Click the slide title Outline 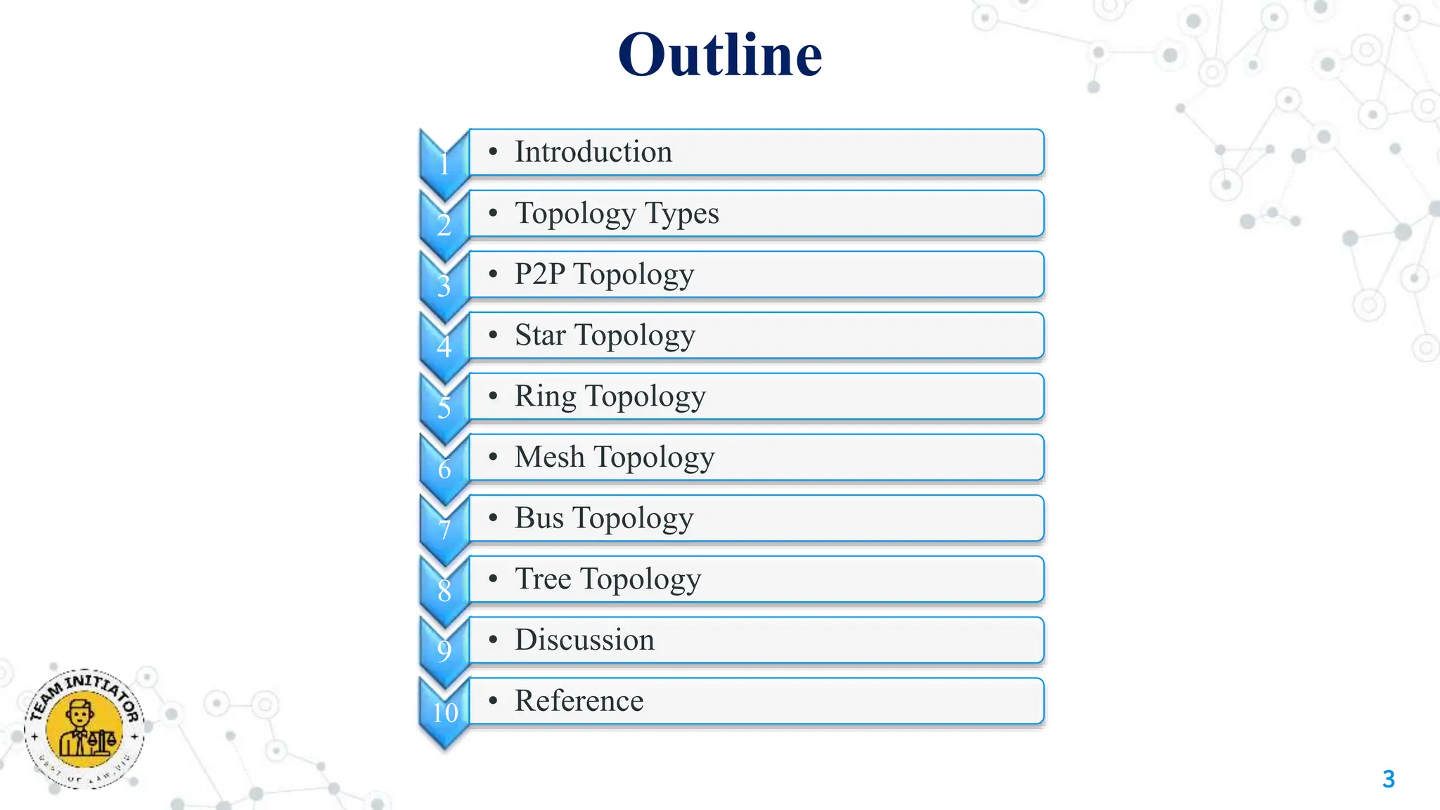[x=720, y=55]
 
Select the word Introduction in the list [x=593, y=152]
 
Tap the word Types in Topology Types [x=681, y=213]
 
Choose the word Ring [x=545, y=396]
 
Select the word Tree [x=543, y=579]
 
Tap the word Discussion [x=584, y=640]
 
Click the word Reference [x=579, y=701]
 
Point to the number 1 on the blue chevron [x=444, y=165]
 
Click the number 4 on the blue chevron [x=444, y=347]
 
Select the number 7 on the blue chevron [x=444, y=529]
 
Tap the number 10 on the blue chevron [x=445, y=712]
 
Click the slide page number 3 [x=1388, y=779]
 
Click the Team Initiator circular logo [x=84, y=728]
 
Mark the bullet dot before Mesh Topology [x=494, y=457]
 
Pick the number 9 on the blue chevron [x=444, y=651]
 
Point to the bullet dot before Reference [x=494, y=701]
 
